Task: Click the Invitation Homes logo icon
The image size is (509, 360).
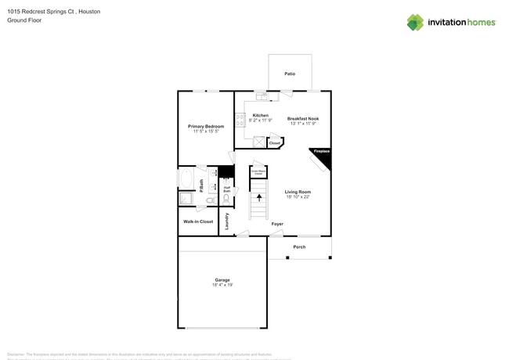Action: [x=415, y=22]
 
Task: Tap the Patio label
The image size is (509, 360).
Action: [x=290, y=74]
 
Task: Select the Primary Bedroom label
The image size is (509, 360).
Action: [x=205, y=126]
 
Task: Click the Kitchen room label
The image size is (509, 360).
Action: [x=260, y=115]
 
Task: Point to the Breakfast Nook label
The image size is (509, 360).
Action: [x=303, y=118]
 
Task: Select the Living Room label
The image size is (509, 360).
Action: [x=298, y=192]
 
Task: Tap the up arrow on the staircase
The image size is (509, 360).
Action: [x=259, y=199]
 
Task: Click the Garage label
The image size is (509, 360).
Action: [x=222, y=279]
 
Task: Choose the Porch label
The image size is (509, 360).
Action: [x=299, y=247]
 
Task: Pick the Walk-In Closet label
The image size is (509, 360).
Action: [x=198, y=221]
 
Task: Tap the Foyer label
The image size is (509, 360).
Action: [x=277, y=224]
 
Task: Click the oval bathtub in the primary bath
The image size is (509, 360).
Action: [x=186, y=179]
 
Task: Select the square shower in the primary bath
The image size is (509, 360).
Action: [x=186, y=199]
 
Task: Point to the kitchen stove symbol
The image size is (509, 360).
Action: [x=240, y=120]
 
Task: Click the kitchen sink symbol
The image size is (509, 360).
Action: [x=262, y=97]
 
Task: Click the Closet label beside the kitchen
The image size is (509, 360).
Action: [x=274, y=143]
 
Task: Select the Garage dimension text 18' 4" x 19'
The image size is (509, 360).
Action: [x=222, y=285]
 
